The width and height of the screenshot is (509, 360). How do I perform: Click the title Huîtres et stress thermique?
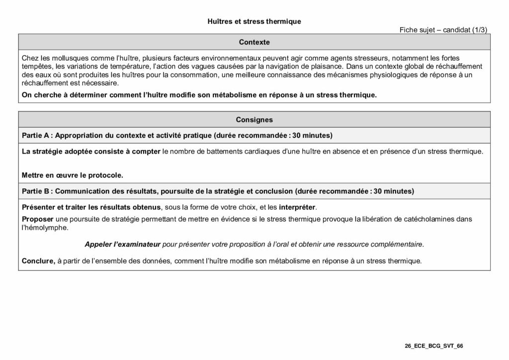(254, 21)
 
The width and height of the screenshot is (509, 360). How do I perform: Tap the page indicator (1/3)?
(479, 30)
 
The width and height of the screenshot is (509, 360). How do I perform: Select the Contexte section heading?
(254, 42)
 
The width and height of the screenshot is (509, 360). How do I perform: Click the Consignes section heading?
(254, 119)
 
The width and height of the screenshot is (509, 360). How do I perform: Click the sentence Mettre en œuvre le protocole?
(72, 175)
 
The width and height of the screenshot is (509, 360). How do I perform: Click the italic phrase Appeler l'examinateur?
(122, 244)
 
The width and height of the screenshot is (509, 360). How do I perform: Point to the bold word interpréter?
(297, 207)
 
